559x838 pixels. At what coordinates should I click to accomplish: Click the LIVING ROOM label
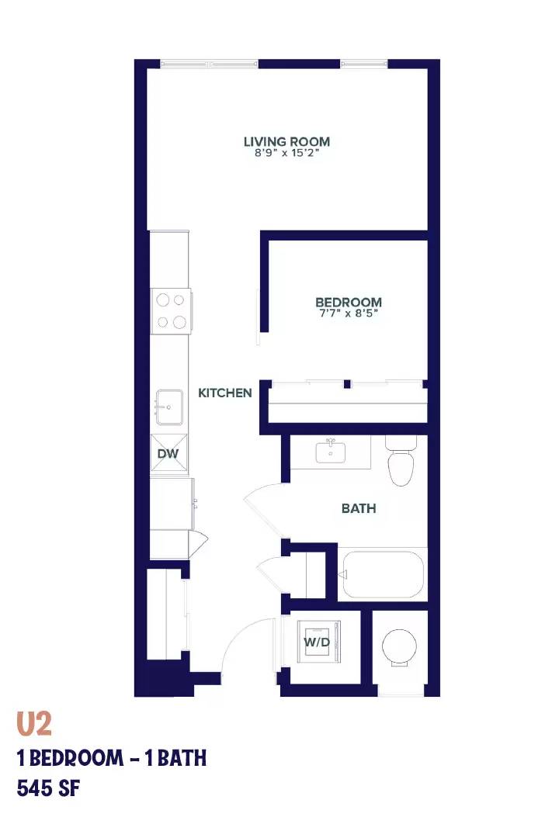click(286, 142)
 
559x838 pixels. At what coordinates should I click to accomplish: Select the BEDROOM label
click(349, 303)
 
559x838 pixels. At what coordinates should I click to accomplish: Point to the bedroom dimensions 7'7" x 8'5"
click(349, 313)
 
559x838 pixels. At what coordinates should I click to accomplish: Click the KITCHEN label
click(224, 393)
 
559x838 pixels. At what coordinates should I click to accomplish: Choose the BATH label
click(359, 508)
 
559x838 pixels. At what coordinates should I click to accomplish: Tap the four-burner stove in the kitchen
click(171, 311)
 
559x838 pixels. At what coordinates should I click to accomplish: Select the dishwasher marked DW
click(169, 454)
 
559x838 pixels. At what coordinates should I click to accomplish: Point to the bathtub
click(383, 574)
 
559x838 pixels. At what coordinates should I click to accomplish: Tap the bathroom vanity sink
click(330, 452)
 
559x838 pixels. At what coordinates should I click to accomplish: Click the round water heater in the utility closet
click(400, 647)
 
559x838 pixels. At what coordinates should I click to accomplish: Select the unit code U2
click(34, 724)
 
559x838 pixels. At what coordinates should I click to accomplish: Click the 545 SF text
click(49, 788)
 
